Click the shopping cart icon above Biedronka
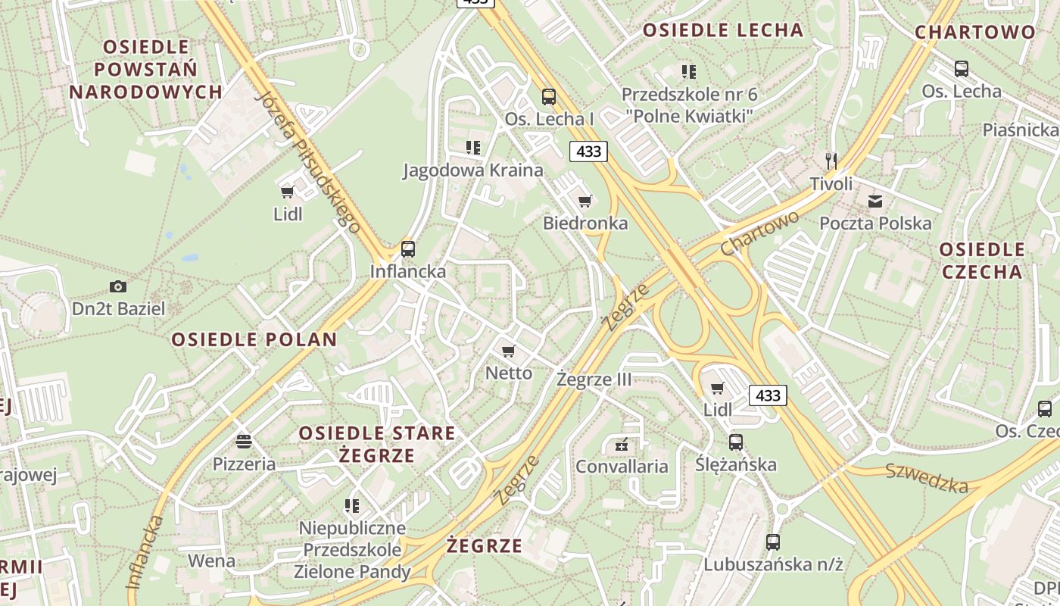click(585, 201)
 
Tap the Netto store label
click(509, 373)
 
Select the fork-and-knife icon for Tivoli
click(831, 160)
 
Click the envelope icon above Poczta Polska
click(875, 201)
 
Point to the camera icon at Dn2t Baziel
click(117, 286)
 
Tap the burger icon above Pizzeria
click(243, 441)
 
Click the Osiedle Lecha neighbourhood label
click(722, 30)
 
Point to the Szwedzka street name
click(927, 477)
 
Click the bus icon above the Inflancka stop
click(408, 248)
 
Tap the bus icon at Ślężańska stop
click(735, 442)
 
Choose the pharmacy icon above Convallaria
click(622, 445)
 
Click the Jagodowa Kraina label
click(472, 170)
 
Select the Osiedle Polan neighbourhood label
click(254, 339)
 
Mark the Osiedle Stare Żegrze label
click(377, 444)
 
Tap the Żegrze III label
click(594, 380)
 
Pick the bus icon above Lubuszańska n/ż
click(772, 542)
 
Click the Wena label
click(211, 561)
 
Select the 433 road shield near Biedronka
click(588, 151)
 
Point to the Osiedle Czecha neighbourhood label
click(981, 261)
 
